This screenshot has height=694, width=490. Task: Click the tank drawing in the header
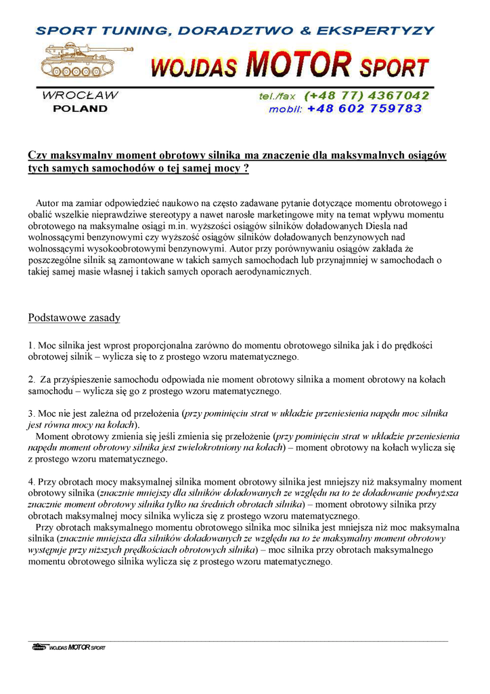pos(83,60)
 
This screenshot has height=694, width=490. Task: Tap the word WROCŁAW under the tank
pos(80,96)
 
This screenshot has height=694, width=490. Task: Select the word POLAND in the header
pos(80,108)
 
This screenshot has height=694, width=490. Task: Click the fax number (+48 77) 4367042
pos(367,96)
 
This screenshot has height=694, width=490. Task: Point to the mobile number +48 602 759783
pos(364,108)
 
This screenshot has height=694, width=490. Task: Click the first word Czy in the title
pos(36,155)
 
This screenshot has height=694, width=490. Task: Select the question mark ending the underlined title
pos(246,169)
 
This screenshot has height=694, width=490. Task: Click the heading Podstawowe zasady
pos(74,318)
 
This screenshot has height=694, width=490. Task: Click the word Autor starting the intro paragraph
pos(48,203)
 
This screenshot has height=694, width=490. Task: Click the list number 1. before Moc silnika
pos(31,345)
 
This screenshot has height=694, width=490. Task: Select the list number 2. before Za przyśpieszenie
pos(31,380)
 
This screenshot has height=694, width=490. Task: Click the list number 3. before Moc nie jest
pos(31,413)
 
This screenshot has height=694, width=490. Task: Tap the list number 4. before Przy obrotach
pos(31,481)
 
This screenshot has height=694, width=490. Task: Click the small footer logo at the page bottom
pos(68,647)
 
